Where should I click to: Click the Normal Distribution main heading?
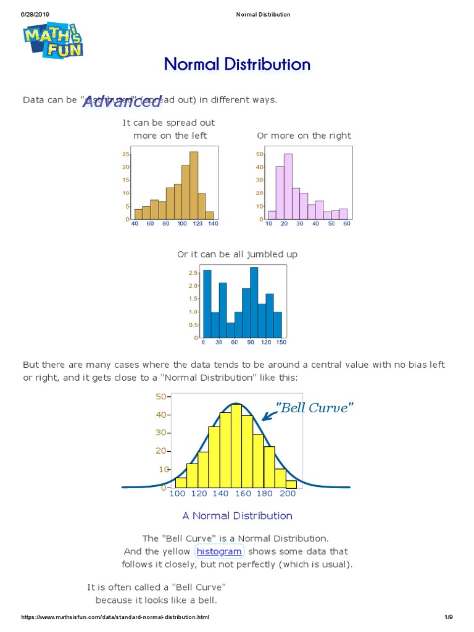click(237, 64)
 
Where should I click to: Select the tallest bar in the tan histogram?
click(194, 185)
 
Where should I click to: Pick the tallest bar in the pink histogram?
click(288, 186)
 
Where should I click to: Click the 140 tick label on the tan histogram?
click(213, 224)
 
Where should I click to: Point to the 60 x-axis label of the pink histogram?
click(347, 224)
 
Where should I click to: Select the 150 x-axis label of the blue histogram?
click(280, 343)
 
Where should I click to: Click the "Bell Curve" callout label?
click(314, 407)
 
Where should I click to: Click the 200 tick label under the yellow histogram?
click(288, 494)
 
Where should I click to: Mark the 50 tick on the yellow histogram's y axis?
click(162, 396)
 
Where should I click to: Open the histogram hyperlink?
click(219, 551)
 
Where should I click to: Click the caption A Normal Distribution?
click(237, 516)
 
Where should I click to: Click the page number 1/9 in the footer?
click(448, 618)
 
